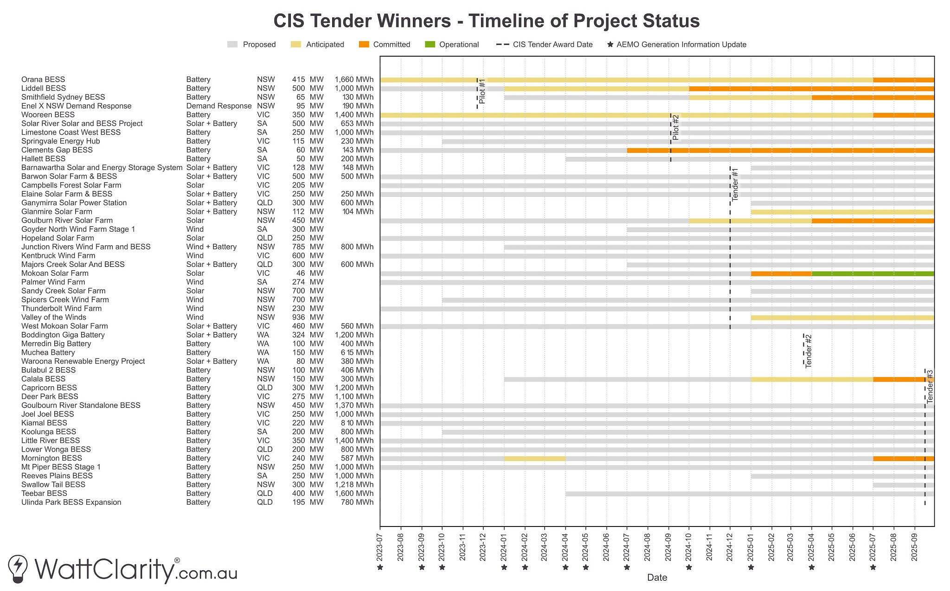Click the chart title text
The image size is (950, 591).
[486, 21]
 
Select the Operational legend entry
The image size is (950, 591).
[458, 45]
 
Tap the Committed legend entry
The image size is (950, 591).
[391, 45]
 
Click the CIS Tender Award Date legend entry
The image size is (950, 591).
[552, 45]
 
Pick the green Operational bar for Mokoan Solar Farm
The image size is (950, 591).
[872, 273]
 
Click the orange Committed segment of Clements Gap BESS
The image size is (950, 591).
[779, 150]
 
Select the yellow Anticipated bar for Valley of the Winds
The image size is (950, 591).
[842, 318]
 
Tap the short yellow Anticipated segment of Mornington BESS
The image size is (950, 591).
[534, 459]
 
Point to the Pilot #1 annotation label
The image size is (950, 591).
[482, 91]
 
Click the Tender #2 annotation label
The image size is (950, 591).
[809, 351]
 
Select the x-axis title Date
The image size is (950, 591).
[657, 578]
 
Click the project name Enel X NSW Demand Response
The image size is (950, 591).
[76, 106]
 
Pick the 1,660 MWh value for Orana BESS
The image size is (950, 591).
[353, 79]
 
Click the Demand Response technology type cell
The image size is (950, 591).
[219, 106]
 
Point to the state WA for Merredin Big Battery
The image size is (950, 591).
[263, 344]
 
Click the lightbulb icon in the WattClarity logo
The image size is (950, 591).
[18, 568]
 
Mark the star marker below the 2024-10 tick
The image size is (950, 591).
[689, 567]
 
